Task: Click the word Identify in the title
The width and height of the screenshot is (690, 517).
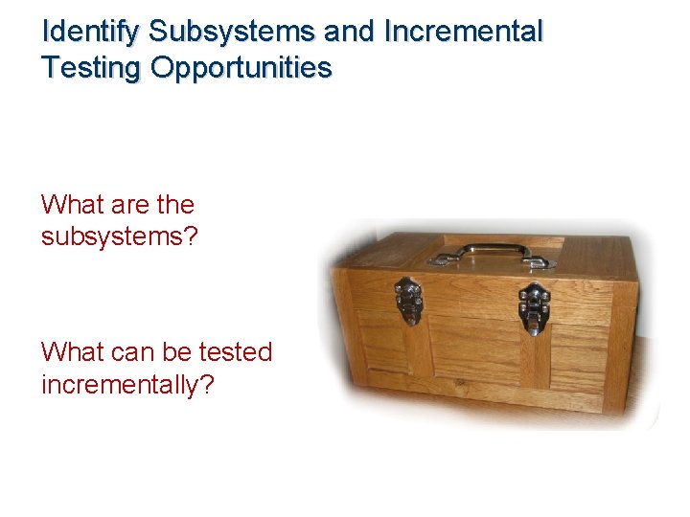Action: pyautogui.click(x=92, y=32)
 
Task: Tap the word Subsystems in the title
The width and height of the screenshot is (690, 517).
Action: pyautogui.click(x=232, y=32)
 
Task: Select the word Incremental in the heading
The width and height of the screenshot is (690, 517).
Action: pyautogui.click(x=463, y=32)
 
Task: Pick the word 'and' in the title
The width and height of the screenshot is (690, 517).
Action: pyautogui.click(x=351, y=32)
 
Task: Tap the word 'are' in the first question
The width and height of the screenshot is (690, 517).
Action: pyautogui.click(x=127, y=205)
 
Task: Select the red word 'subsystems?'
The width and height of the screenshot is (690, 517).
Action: pyautogui.click(x=119, y=236)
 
